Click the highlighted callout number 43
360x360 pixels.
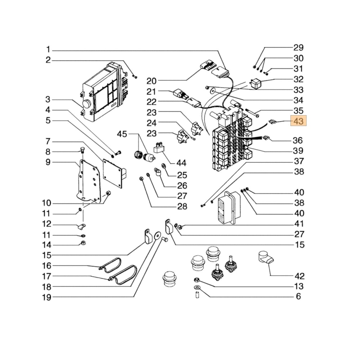(x=298, y=121)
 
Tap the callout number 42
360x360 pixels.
(x=299, y=276)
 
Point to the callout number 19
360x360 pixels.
(x=46, y=297)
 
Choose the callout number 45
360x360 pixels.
(x=122, y=134)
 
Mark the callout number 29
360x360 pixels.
(x=298, y=48)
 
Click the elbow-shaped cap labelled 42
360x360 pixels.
(x=266, y=258)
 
